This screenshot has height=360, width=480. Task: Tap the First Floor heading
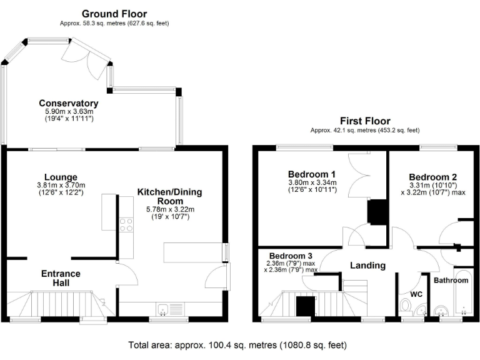(x=365, y=121)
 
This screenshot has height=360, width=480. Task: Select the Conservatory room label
(x=69, y=103)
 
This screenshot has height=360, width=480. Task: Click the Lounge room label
(x=61, y=177)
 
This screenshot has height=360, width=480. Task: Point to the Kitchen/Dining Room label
(x=169, y=196)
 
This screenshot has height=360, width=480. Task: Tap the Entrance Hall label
(x=61, y=278)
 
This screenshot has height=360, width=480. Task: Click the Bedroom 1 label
(x=312, y=174)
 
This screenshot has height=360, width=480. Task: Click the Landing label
(x=367, y=265)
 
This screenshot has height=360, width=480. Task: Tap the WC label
(x=417, y=293)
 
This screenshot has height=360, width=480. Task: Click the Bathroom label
(x=451, y=281)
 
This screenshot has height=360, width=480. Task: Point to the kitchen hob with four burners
(x=126, y=224)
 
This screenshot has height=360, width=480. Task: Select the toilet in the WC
(x=406, y=306)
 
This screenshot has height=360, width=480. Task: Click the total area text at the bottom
(x=237, y=344)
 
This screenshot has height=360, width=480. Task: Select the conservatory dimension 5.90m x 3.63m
(x=69, y=111)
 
